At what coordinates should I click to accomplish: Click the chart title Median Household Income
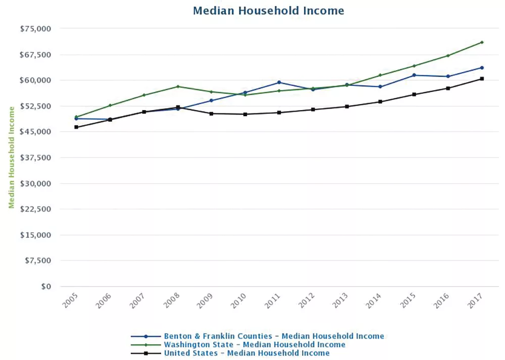coord(268,11)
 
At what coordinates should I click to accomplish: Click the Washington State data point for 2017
coord(482,42)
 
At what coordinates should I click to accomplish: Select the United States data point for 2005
coord(76,127)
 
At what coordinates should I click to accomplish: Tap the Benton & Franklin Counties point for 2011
coord(279,82)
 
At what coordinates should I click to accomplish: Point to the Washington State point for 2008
coord(178,86)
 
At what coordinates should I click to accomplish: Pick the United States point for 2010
coord(245,114)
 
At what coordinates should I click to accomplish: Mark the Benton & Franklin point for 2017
coord(482,68)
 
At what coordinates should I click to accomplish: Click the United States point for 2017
coord(482,79)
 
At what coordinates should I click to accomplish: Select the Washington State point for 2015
coord(414,66)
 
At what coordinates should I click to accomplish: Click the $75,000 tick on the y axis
coord(36,29)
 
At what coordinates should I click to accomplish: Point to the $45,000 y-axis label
coord(36,132)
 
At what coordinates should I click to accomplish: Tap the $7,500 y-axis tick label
coord(38,261)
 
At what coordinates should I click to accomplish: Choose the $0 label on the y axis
coord(46,286)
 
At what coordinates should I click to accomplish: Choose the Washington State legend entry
coord(255,344)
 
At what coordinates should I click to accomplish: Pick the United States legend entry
coord(246,353)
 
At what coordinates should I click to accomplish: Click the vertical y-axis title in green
coord(11,157)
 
